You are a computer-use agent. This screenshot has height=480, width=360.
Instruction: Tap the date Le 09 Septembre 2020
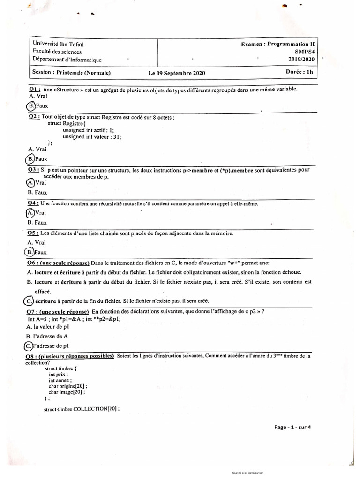177,74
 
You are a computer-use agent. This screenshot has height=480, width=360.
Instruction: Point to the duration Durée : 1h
299,72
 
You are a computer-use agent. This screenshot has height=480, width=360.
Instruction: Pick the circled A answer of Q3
31,183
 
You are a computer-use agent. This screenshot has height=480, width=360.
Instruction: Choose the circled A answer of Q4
31,212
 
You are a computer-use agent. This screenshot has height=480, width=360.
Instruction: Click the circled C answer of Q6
29,300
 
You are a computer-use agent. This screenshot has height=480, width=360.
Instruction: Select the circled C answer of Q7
29,345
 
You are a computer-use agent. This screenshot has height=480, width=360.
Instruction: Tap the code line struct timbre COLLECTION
82,408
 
